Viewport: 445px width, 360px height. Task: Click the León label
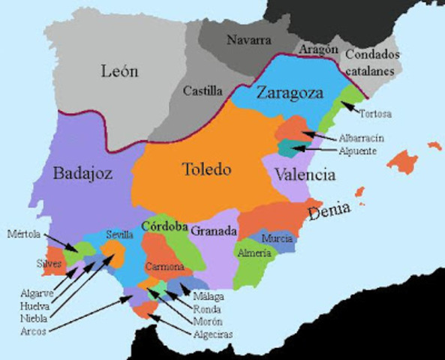[x=120, y=71]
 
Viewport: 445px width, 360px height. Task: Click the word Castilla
[x=203, y=91]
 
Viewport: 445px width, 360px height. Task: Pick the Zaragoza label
[x=289, y=94]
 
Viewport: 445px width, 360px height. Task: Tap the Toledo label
[x=207, y=169]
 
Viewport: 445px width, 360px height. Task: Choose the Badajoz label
[x=83, y=174]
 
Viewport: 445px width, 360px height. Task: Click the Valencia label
[x=304, y=175]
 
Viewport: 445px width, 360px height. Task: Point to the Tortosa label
[x=376, y=114]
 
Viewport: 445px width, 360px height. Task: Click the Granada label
[x=214, y=232]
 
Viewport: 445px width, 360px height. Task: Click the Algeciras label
[x=212, y=334]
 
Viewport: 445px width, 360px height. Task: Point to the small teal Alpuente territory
[x=285, y=147]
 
